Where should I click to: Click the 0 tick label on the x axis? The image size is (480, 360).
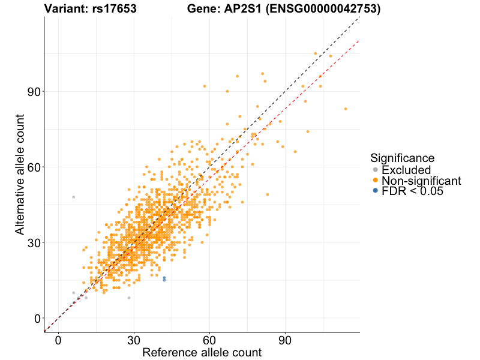tap(58, 341)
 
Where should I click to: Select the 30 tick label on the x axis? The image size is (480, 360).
tap(134, 341)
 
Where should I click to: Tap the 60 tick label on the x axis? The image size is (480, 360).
tap(209, 341)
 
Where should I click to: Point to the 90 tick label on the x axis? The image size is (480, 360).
tap(285, 341)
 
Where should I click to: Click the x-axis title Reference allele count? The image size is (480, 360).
tap(202, 353)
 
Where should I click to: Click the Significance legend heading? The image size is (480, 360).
tap(402, 158)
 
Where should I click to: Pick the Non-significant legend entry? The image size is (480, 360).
tap(421, 181)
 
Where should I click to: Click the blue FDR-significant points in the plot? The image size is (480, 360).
tap(164, 279)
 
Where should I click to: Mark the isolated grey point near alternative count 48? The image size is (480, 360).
tap(74, 197)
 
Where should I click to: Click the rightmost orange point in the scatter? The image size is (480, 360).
tap(346, 109)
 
